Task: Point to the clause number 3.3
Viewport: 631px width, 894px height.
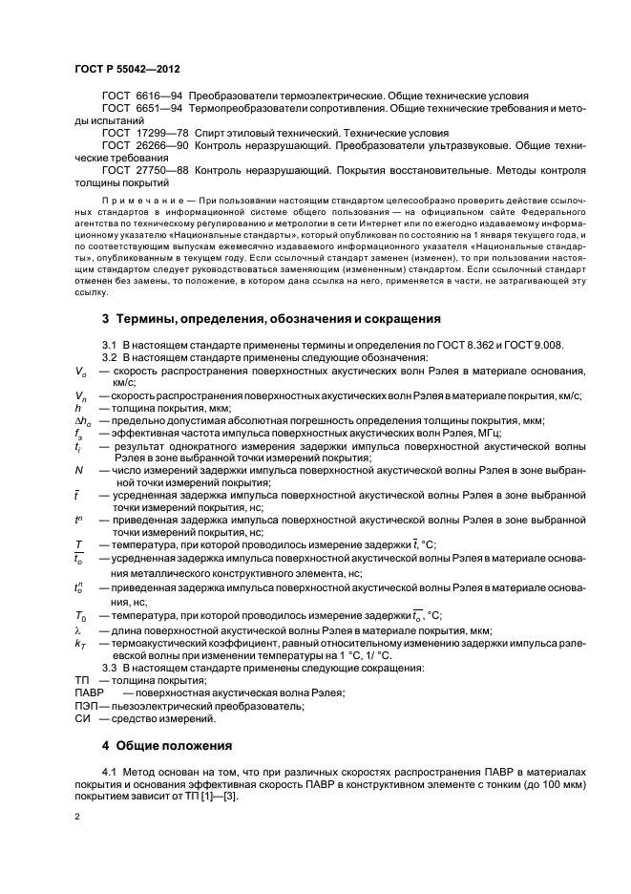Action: [x=109, y=667]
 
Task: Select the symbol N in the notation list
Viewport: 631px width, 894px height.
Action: [x=78, y=469]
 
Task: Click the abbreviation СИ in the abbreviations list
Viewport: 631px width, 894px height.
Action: [x=81, y=717]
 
